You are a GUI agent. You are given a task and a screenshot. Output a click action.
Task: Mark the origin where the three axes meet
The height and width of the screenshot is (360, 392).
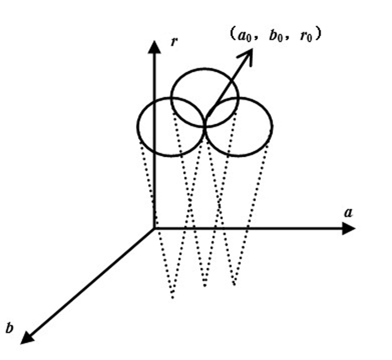click(x=154, y=228)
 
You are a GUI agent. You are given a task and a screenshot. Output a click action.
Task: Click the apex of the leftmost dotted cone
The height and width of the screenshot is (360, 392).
click(x=172, y=297)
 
